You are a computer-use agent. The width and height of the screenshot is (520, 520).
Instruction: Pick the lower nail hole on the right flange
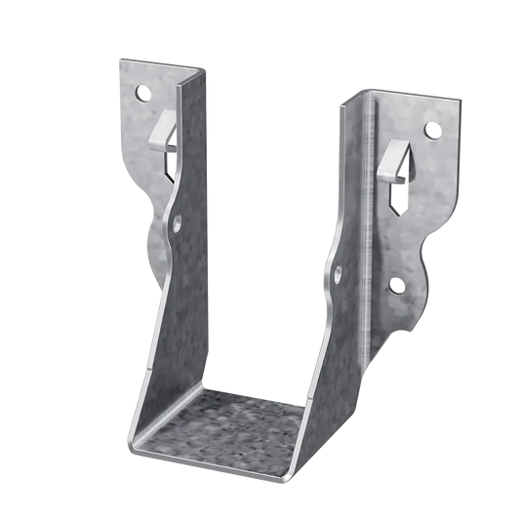(x=396, y=286)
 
